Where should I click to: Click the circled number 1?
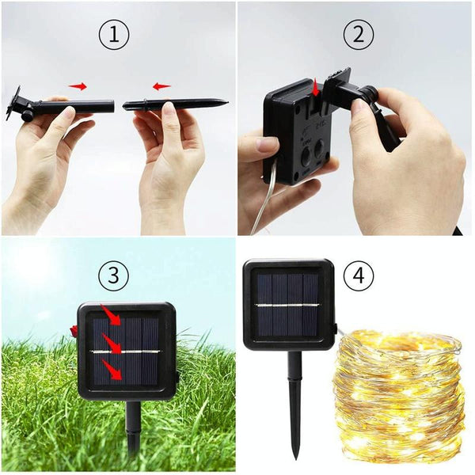[114, 35]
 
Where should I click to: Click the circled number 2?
[359, 35]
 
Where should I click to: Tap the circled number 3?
[113, 275]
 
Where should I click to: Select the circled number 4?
[359, 275]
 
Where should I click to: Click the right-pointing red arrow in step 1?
[78, 87]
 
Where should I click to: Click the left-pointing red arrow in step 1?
[161, 87]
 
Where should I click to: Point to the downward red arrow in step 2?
[316, 88]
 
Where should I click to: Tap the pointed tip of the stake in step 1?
[228, 102]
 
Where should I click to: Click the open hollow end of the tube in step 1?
[112, 106]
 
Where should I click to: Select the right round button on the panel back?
[321, 150]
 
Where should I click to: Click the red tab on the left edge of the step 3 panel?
[74, 331]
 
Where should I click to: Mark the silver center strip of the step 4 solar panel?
[287, 306]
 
